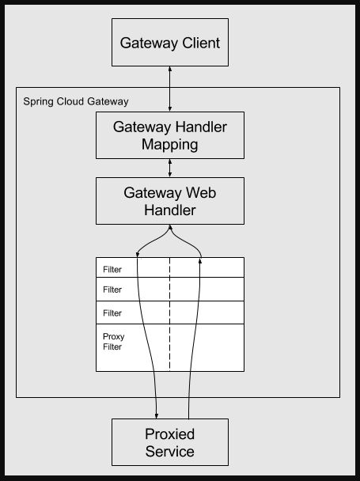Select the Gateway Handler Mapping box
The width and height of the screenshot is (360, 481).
click(169, 135)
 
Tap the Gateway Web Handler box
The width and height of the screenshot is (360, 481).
click(169, 201)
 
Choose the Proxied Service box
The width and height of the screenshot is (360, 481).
click(169, 443)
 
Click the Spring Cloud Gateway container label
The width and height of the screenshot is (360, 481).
click(76, 102)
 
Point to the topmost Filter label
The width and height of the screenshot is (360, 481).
click(112, 270)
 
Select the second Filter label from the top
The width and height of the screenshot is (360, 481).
click(112, 290)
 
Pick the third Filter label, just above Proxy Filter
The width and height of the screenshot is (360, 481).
click(112, 313)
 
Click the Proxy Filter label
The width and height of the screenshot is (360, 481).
click(113, 342)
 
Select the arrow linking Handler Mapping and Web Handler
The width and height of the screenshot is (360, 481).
click(169, 168)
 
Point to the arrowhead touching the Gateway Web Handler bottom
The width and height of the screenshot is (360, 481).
click(169, 228)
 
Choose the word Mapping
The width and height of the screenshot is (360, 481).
click(169, 145)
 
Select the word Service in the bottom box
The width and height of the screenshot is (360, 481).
click(169, 453)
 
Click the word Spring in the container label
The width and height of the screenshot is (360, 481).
click(37, 102)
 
